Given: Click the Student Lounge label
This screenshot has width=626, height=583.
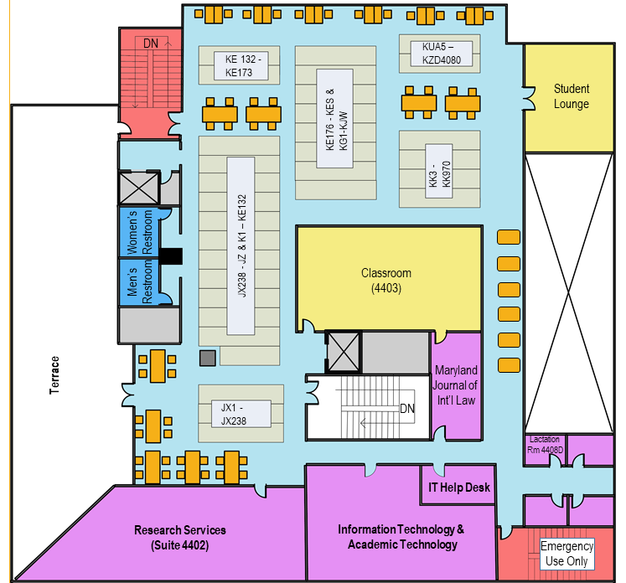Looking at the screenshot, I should pyautogui.click(x=571, y=96).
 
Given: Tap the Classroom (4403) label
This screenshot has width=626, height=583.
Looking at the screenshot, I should pyautogui.click(x=386, y=281).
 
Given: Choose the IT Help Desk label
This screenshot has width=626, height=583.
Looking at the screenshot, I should pyautogui.click(x=459, y=488).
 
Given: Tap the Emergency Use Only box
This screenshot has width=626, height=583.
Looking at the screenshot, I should pyautogui.click(x=567, y=553).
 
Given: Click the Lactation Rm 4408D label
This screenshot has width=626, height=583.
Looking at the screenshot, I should pyautogui.click(x=545, y=445).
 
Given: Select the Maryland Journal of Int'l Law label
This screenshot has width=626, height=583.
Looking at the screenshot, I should pyautogui.click(x=456, y=385).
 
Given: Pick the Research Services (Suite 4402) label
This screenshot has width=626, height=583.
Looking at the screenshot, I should pyautogui.click(x=180, y=537).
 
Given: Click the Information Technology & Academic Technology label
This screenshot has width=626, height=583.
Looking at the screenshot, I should pyautogui.click(x=401, y=537).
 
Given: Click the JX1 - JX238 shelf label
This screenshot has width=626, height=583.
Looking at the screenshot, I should pyautogui.click(x=234, y=414).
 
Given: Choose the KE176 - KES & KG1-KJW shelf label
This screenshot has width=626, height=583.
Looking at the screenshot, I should pyautogui.click(x=329, y=121).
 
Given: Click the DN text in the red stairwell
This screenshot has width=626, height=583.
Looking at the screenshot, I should pyautogui.click(x=151, y=43).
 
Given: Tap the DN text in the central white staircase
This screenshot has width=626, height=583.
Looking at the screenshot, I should pyautogui.click(x=407, y=409).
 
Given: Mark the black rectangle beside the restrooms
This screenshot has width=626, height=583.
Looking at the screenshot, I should pyautogui.click(x=171, y=256).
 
